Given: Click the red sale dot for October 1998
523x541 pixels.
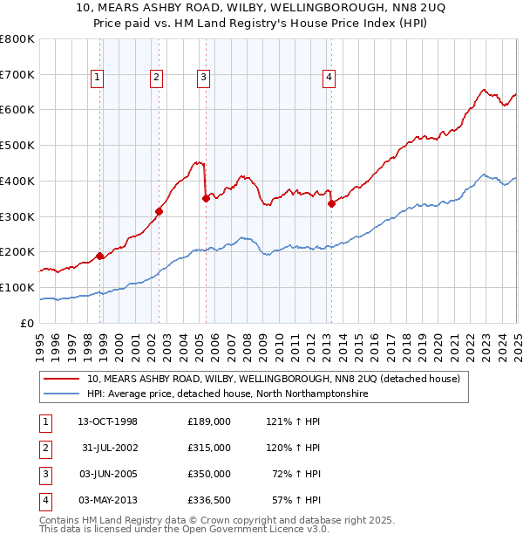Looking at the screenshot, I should [100, 256].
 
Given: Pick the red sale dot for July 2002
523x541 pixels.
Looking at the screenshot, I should [160, 210].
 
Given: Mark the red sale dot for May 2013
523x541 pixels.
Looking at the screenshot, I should [331, 203].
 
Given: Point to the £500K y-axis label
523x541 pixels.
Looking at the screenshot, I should [17, 145].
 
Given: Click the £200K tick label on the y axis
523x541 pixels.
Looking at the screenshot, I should [17, 251].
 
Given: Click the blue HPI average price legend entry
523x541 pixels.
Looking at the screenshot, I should [227, 394].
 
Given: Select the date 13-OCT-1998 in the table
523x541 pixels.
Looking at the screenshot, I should [108, 421].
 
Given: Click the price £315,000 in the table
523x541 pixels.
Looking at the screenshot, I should [209, 448].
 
